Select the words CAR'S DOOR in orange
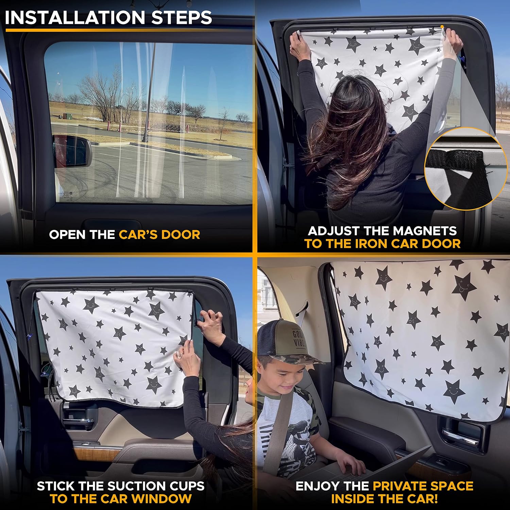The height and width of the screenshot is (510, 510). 159,235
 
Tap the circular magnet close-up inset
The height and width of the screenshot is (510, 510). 464,168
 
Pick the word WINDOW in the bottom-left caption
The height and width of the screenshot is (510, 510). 161,499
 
